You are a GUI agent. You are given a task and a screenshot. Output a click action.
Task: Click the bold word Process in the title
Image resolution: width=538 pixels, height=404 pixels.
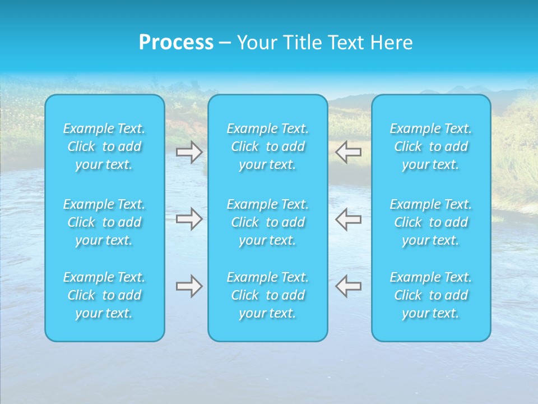point(176,43)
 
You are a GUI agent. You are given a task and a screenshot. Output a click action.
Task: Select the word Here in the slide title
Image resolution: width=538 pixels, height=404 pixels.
point(392,43)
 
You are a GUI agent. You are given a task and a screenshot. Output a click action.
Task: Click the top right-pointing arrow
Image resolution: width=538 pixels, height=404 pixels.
point(189,152)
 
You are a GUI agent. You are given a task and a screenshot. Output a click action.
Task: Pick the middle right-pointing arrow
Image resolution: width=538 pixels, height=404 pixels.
point(189,219)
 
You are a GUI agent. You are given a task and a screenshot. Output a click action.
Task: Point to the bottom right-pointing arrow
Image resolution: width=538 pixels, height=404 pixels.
point(189,286)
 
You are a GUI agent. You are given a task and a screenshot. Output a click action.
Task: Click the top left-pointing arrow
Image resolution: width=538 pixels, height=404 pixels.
point(349,151)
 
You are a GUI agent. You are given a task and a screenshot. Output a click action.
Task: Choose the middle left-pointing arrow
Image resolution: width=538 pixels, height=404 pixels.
point(349,219)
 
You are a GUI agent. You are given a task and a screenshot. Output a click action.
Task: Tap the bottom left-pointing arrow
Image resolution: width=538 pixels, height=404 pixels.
point(349,286)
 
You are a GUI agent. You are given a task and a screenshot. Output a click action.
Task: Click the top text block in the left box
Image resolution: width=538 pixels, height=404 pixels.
point(104,146)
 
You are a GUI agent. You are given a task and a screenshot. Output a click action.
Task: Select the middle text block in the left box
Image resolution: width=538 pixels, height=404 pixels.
point(104,222)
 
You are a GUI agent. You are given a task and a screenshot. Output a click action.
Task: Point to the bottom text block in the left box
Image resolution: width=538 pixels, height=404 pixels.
point(104,295)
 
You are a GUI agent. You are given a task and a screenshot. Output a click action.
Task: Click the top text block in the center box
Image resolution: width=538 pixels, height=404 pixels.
point(268,146)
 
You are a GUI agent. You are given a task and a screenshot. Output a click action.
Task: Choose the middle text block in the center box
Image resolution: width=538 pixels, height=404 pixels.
point(268,222)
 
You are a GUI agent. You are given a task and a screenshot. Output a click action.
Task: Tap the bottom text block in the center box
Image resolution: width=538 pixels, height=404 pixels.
point(268,295)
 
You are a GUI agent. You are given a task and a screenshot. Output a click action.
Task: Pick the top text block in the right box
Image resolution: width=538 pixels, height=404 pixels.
point(431,146)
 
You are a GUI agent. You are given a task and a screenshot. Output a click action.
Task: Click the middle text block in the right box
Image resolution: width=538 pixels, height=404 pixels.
point(431,222)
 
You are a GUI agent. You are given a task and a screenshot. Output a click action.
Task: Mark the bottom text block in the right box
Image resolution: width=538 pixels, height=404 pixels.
point(431,295)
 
